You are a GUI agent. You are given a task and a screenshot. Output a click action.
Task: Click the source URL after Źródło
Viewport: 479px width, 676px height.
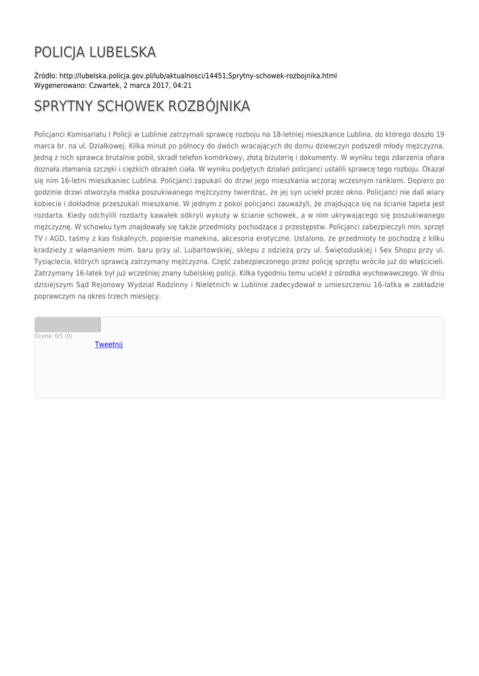click(x=198, y=76)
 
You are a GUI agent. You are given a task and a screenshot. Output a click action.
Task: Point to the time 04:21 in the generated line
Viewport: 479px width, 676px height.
click(x=182, y=86)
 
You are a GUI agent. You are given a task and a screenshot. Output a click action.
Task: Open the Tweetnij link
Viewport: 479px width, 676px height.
click(x=108, y=345)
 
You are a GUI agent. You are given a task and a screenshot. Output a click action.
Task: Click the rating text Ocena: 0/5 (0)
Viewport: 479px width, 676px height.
click(x=54, y=336)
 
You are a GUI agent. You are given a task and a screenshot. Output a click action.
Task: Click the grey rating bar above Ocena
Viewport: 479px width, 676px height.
click(x=68, y=325)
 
